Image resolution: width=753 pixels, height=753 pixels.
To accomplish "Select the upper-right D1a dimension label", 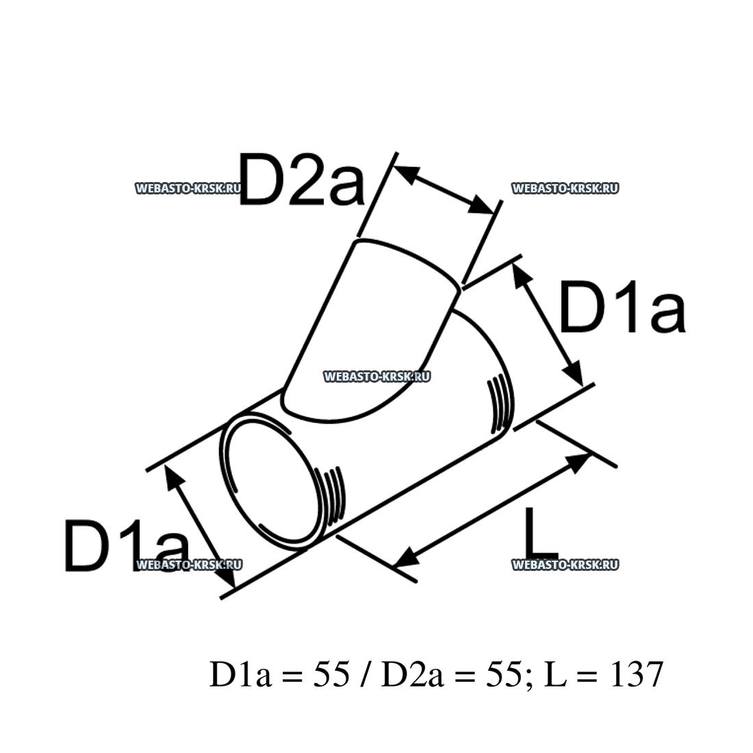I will click(x=622, y=308).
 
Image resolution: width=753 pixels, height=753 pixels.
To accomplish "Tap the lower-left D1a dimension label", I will click(x=126, y=546).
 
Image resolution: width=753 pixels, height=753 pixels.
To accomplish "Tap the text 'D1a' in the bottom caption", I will click(x=235, y=675).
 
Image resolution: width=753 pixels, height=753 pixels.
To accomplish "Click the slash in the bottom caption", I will click(x=360, y=675).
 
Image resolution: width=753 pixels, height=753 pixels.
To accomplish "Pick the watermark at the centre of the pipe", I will click(x=376, y=376).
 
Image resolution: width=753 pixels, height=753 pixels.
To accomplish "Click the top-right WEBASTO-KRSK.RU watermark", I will click(x=565, y=188).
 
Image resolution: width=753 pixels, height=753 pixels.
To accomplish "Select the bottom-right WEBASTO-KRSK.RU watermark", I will click(x=565, y=564).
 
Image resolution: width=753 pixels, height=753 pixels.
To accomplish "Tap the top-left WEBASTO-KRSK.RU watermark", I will click(x=188, y=188).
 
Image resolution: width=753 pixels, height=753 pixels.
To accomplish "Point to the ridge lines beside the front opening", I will click(x=333, y=492).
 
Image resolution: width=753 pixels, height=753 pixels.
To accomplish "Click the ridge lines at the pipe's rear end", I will click(x=500, y=404).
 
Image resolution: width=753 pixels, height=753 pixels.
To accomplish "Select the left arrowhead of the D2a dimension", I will click(x=406, y=173).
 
